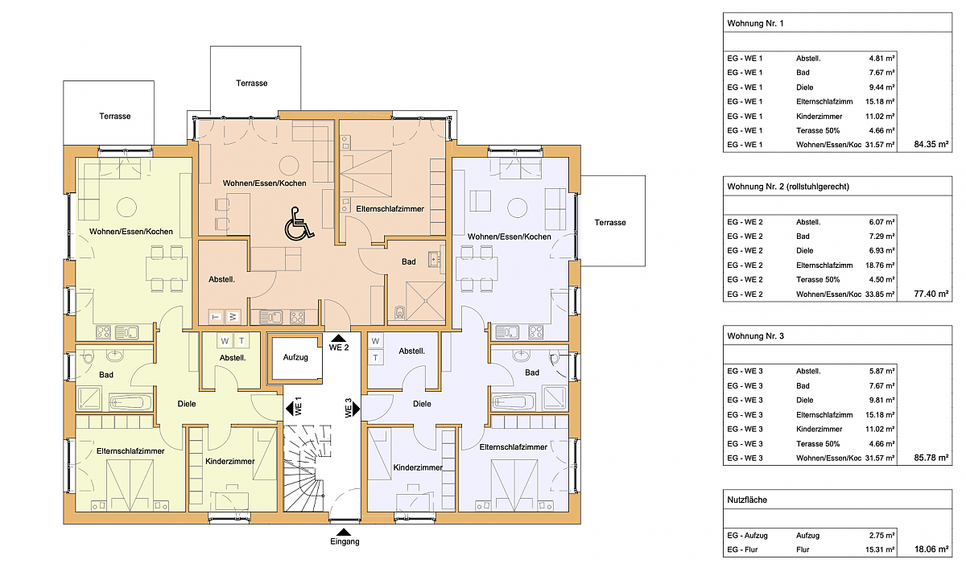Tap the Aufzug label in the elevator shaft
click(295, 357)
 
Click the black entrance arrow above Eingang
click(344, 532)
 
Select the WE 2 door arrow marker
click(339, 338)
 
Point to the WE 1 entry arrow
click(289, 408)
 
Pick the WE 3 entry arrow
click(356, 409)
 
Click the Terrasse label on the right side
click(610, 222)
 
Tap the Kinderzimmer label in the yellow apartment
click(230, 461)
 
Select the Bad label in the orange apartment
click(408, 261)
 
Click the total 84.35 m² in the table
click(931, 144)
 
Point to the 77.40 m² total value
click(931, 294)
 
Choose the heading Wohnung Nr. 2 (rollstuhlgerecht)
click(788, 187)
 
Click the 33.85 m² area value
click(880, 294)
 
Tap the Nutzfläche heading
click(747, 500)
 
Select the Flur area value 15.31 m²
click(880, 549)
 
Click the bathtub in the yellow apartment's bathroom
click(130, 402)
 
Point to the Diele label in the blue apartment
click(422, 404)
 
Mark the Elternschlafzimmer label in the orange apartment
click(390, 209)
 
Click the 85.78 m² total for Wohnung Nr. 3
click(931, 458)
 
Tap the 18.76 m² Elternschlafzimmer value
click(880, 265)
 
